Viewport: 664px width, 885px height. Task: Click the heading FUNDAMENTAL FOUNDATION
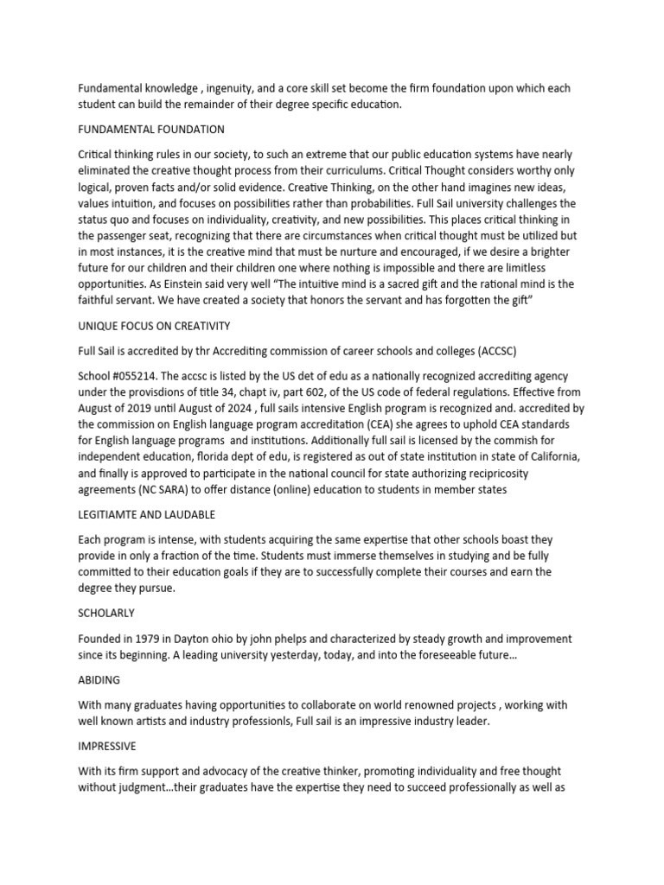click(151, 130)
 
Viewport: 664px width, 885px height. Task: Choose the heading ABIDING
click(99, 680)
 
